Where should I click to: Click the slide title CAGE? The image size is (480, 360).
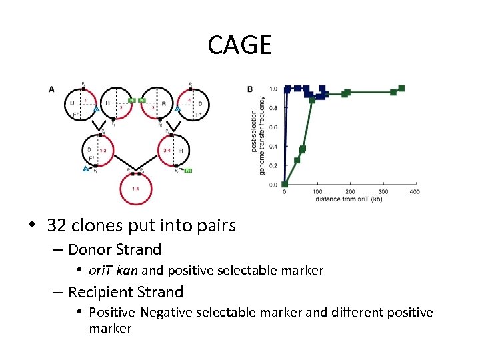[x=240, y=45]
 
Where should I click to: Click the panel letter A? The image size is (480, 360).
[x=52, y=89]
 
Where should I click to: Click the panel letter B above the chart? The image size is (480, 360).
[x=250, y=89]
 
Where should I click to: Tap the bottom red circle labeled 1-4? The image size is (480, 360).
[x=135, y=187]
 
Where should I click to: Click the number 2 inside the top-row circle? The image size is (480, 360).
[x=121, y=107]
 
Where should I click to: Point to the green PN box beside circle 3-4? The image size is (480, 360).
[x=189, y=171]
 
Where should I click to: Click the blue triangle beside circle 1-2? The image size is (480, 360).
[x=86, y=169]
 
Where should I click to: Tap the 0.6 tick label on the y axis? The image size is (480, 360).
[x=273, y=127]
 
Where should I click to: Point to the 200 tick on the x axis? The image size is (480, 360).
[x=350, y=192]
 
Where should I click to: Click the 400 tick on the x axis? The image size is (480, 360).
[x=415, y=192]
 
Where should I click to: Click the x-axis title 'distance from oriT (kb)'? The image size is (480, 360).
[x=349, y=199]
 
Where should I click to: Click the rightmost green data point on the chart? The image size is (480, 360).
[x=401, y=88]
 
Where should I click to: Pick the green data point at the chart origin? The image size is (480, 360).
[x=285, y=184]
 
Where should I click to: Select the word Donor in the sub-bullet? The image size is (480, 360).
[x=91, y=250]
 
